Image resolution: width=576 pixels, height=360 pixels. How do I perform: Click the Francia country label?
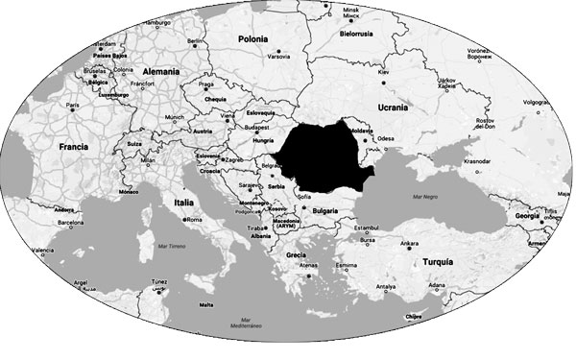tap(74, 147)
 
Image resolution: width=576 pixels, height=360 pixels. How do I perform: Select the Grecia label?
tap(296, 254)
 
